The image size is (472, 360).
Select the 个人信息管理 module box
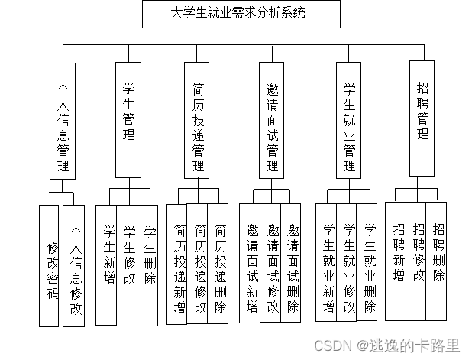(63, 120)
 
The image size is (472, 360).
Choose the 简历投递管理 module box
(197, 120)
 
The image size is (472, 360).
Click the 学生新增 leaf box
(108, 264)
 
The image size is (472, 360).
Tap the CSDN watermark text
(396, 345)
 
